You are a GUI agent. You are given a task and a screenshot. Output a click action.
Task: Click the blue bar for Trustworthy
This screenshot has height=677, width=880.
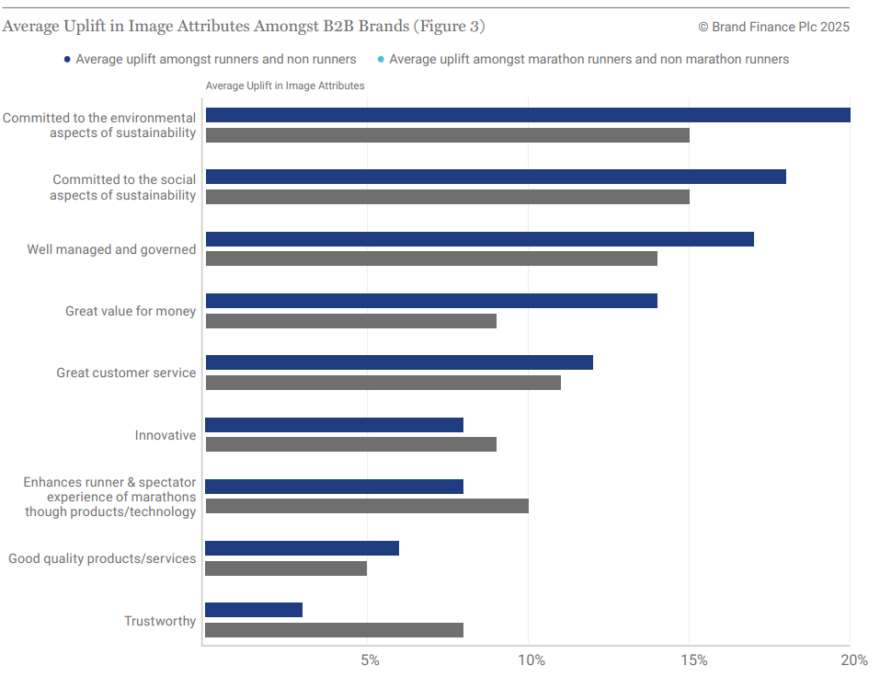[254, 610]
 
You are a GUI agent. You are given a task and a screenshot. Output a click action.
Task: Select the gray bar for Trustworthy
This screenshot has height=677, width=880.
[334, 630]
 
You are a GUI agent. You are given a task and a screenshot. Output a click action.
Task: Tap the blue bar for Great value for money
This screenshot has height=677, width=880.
[431, 301]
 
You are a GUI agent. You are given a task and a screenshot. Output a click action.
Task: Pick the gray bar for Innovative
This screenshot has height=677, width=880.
[350, 444]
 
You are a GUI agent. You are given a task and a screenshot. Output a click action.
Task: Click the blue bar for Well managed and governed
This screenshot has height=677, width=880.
[479, 239]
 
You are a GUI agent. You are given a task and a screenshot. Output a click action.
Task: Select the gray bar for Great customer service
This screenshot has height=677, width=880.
[383, 383]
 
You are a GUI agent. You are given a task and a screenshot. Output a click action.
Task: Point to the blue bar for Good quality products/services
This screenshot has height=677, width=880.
[302, 548]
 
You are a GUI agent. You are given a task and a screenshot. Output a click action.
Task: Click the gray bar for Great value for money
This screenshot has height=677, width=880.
[350, 321]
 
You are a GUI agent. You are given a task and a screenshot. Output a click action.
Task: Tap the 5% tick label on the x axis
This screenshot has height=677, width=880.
[369, 660]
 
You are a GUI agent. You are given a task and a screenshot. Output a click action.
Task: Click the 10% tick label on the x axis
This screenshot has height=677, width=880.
[531, 660]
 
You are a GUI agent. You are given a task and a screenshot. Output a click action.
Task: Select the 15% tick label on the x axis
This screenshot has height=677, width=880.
[692, 660]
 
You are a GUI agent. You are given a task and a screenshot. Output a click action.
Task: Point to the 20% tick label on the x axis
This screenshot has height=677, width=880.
[853, 660]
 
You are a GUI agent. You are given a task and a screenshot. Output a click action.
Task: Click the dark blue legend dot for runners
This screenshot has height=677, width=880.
[67, 60]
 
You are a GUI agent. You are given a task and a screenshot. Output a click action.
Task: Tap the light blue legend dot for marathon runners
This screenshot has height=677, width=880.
[381, 60]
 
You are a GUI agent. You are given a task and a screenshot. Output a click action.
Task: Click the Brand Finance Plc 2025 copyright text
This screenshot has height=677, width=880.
[773, 27]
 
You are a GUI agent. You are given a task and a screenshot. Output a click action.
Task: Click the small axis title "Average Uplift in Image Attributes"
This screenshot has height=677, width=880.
[285, 86]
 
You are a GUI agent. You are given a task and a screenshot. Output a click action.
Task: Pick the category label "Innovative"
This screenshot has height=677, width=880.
[166, 435]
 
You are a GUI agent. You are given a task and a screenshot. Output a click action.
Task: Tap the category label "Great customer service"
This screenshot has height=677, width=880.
[126, 373]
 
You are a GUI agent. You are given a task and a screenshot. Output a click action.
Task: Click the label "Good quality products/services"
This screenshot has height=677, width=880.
[102, 558]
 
